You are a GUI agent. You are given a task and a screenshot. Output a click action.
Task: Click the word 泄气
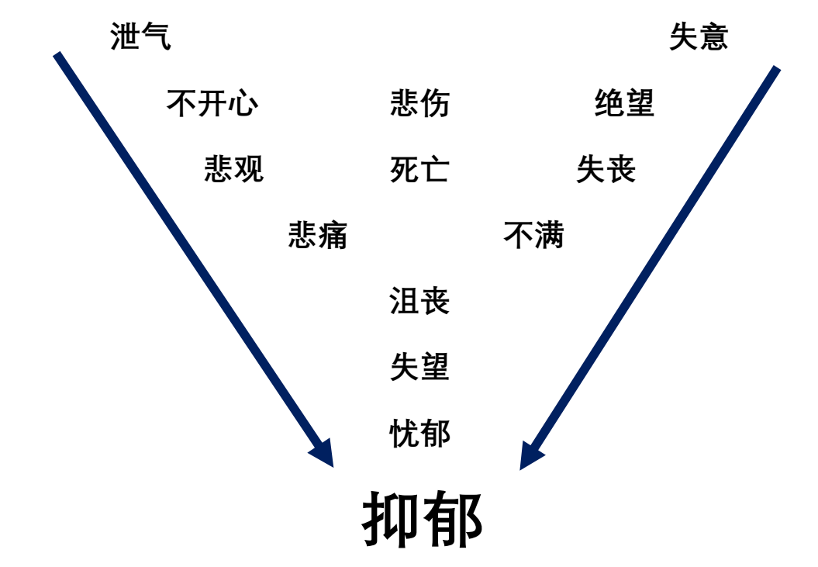pos(140,36)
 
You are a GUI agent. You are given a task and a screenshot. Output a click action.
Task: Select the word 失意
pos(699,36)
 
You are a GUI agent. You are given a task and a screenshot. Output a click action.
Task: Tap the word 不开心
pos(212,103)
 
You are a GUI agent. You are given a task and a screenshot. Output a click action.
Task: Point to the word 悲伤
pos(419,103)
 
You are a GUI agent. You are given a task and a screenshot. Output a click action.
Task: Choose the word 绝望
pos(624,103)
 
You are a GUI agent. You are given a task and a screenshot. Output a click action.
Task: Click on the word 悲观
pos(234,168)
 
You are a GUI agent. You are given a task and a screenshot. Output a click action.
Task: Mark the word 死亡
pos(419,169)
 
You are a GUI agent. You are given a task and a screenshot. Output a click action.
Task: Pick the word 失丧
pos(606,169)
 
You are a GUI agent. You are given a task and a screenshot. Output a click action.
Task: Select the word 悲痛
pos(318,235)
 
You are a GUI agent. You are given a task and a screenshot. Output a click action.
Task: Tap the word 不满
pos(533,235)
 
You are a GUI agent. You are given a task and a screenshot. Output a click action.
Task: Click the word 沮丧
pos(419,301)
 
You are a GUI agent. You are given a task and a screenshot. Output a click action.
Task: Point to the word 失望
pos(419,367)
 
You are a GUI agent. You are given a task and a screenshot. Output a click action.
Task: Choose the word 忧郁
pos(419,433)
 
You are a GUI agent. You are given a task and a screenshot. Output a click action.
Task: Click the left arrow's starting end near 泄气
pos(57,55)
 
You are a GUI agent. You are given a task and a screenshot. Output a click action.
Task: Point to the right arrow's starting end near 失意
pos(776,69)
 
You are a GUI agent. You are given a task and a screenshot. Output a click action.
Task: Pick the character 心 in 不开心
pos(243,103)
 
